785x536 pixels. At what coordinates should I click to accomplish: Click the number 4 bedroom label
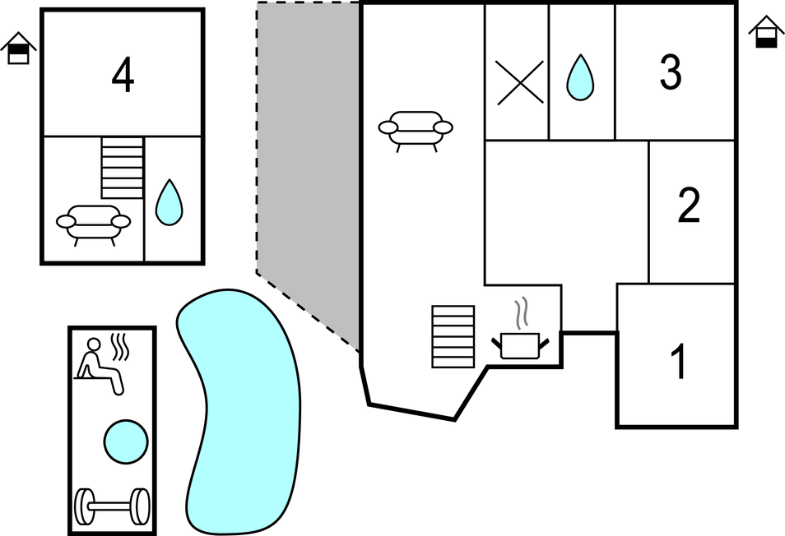click(x=123, y=76)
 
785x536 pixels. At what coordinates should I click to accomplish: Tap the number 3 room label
click(x=671, y=72)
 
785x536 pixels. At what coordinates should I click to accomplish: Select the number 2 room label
click(x=689, y=206)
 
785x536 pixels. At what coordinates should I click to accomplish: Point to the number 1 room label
click(x=679, y=362)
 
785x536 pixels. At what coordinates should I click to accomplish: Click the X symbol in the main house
click(x=520, y=82)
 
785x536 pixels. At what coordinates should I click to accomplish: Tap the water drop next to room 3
click(x=580, y=78)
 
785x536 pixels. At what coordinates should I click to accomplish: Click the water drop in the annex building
click(x=170, y=202)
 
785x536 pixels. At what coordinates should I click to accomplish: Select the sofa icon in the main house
click(x=416, y=129)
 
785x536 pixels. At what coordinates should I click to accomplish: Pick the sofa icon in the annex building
click(x=93, y=224)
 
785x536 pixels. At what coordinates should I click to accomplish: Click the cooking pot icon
click(x=517, y=344)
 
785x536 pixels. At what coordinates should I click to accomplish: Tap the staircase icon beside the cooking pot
click(x=453, y=336)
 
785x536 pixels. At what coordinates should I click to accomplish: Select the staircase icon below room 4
click(x=123, y=168)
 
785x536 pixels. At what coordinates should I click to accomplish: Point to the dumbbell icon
click(x=112, y=506)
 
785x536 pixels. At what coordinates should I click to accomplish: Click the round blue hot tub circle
click(x=126, y=441)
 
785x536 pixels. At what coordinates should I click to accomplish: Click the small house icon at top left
click(x=18, y=49)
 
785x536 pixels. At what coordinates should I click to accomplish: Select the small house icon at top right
click(x=766, y=33)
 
